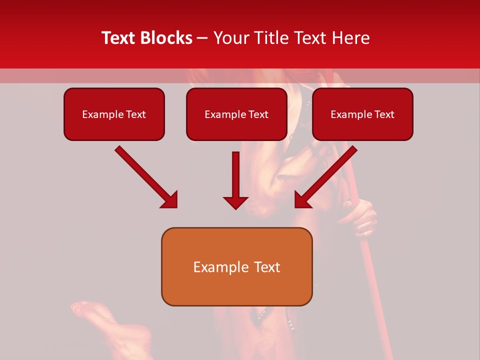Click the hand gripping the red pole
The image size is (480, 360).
(363, 218)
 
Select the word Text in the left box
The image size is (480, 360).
(136, 114)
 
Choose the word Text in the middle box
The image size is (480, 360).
(258, 114)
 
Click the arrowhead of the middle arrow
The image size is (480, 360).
(235, 202)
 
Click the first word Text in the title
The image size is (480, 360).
(119, 38)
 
